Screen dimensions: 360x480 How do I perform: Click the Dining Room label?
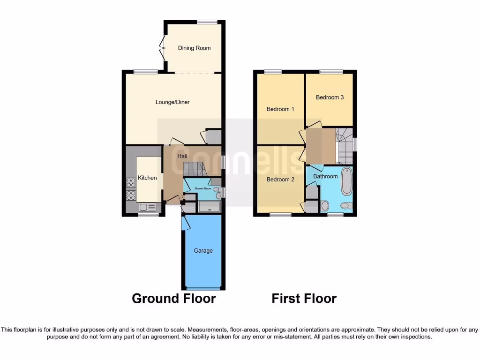[x=194, y=48]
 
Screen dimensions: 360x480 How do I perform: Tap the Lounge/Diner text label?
[x=173, y=102]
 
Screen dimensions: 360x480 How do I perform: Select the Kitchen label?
[x=147, y=178]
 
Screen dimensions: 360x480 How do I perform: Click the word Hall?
[x=182, y=156]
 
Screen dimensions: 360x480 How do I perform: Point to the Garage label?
[x=203, y=250]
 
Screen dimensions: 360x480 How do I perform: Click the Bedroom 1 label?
[x=280, y=109]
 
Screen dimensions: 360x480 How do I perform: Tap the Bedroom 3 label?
[x=330, y=97]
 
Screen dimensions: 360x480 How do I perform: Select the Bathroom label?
[x=325, y=176]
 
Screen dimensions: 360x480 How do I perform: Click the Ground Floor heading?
[x=173, y=299]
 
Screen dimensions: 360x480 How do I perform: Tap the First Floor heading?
[x=304, y=299]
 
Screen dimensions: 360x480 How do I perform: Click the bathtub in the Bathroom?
[x=346, y=181]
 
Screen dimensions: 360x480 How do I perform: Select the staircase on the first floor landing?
[x=345, y=145]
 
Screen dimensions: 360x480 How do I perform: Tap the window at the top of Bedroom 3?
[x=331, y=71]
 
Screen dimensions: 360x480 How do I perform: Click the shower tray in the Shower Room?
[x=210, y=206]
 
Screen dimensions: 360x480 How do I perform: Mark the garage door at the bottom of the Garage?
[x=203, y=288]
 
